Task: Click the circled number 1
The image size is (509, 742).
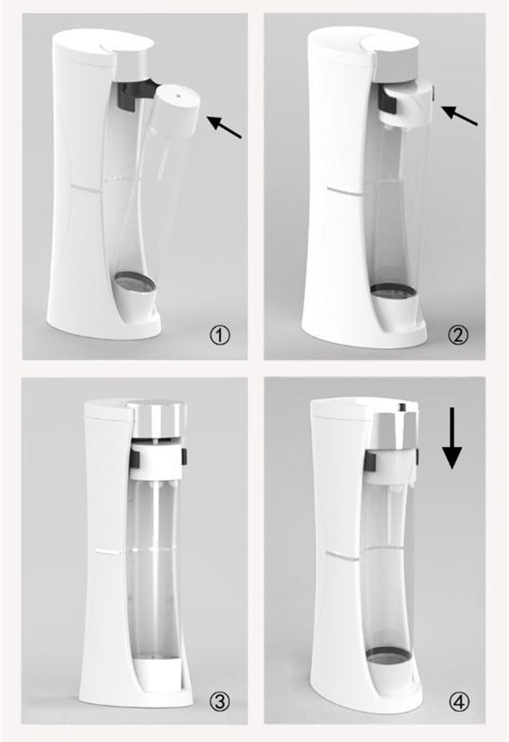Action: pos(220,336)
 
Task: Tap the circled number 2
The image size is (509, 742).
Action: pos(458,335)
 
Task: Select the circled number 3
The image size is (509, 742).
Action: pos(220,701)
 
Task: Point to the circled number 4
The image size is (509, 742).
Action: pos(459,701)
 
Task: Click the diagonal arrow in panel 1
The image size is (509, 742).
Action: pos(225,128)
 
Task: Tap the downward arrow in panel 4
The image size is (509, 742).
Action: pos(452,438)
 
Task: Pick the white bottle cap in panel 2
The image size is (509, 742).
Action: pos(407,105)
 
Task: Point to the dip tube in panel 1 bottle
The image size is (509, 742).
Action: pos(160,157)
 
